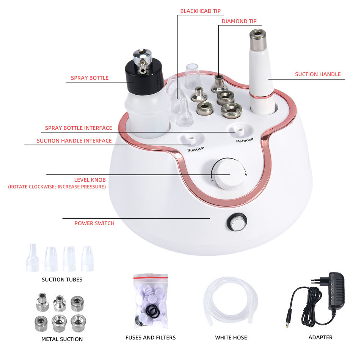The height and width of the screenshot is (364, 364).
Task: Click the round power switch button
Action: [x=237, y=222]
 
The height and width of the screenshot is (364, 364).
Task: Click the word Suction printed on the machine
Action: [x=196, y=149]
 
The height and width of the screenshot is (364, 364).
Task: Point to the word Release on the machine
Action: [x=245, y=140]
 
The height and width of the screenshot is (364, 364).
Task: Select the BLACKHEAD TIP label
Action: [x=200, y=11]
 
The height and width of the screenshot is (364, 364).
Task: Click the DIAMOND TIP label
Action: [x=239, y=21]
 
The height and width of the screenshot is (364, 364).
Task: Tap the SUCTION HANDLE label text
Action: [x=318, y=74]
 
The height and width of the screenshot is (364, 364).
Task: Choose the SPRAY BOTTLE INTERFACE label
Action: [x=78, y=128]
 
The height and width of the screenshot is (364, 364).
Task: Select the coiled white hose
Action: [x=230, y=301]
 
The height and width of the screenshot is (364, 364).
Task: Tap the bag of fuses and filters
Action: [x=151, y=301]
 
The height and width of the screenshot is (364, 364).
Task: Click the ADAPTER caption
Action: [x=320, y=337]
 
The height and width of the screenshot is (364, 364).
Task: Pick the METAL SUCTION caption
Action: [x=62, y=339]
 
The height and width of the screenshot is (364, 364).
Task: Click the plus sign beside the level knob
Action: [x=246, y=174]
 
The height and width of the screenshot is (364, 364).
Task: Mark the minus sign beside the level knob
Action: [x=212, y=180]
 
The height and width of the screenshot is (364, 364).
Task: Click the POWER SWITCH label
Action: [x=94, y=223]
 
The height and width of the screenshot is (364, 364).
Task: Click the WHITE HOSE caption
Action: [x=231, y=337]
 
